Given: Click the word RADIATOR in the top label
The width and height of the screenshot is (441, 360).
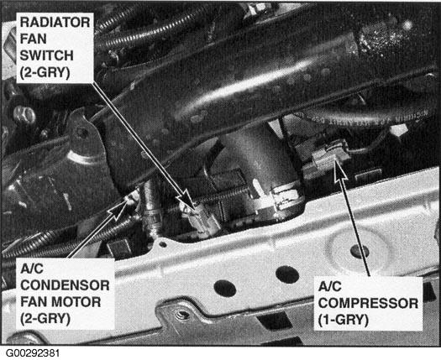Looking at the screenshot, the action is pos(55,22).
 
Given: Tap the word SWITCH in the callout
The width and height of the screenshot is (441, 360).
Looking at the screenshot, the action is pos(46,55).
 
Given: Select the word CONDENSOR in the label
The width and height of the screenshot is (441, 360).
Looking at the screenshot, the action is pos(65,285).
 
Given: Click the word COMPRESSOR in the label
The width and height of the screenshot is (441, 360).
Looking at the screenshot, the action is pos(368,304).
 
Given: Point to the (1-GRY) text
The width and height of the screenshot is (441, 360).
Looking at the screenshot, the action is pos(343,320).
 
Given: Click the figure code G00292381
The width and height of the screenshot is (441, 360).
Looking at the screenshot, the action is pos(33,353).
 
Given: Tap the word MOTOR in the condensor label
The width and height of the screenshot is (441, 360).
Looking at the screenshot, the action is pos(80,302).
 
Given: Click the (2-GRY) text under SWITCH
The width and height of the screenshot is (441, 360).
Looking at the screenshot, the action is pos(45,72).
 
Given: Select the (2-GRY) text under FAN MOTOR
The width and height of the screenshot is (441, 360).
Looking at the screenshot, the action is pos(45,319).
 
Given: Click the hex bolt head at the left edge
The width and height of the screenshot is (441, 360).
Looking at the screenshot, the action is pos(24,115).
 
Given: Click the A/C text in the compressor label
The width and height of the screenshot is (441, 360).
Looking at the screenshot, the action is pos(329,287).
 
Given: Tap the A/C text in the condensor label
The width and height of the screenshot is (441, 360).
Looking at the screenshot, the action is pos(32,269).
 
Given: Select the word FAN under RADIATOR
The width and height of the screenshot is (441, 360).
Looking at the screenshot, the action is pos(33,39).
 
